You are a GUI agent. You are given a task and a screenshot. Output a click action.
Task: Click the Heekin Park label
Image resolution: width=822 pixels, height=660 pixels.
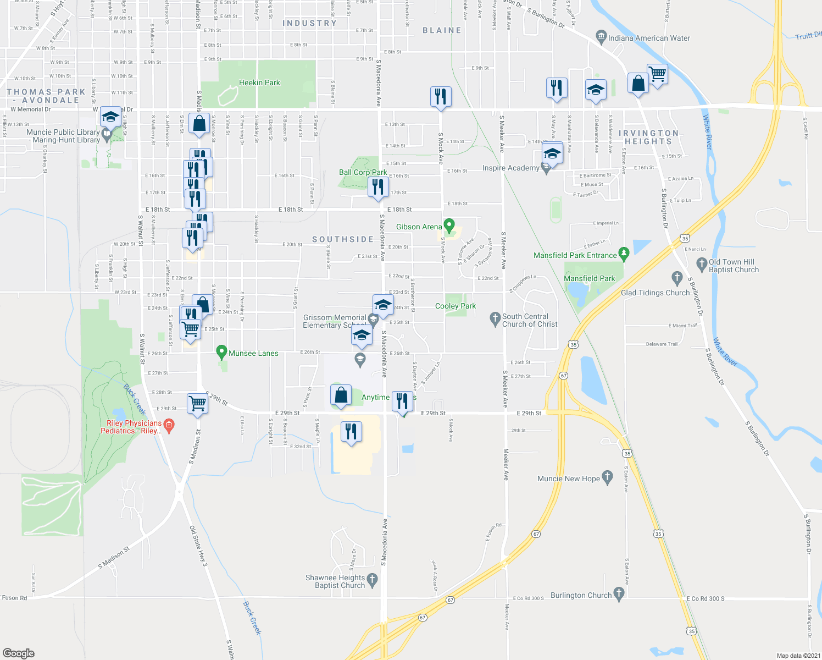tap(259, 83)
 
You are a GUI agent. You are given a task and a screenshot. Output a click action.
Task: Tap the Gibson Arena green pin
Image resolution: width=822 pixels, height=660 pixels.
tap(449, 226)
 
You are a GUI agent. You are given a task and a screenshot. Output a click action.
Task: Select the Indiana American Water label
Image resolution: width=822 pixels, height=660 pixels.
tap(649, 38)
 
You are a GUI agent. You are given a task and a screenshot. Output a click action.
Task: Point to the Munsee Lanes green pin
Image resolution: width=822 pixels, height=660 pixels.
tap(221, 351)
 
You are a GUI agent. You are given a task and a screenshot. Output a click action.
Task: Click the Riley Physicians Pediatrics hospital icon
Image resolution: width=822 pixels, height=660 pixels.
tap(169, 425)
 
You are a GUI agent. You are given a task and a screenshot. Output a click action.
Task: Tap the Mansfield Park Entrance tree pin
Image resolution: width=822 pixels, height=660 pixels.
tap(623, 254)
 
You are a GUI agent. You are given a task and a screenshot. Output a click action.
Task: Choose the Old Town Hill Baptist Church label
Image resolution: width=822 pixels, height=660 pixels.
tap(734, 266)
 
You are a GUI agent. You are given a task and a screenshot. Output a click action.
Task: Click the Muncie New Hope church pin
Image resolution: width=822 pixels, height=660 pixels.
tap(607, 477)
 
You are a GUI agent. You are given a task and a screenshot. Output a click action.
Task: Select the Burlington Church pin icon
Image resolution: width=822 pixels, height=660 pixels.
tap(619, 593)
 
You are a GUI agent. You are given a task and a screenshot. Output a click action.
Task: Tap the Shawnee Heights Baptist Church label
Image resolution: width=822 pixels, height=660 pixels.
tap(335, 581)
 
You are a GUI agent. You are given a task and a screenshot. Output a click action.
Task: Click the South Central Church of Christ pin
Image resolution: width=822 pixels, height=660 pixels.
tap(495, 318)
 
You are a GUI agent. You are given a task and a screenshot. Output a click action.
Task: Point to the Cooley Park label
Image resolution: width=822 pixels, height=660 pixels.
tap(456, 306)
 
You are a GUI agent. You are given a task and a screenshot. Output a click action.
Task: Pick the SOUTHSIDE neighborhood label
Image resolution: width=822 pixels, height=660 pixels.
tap(343, 239)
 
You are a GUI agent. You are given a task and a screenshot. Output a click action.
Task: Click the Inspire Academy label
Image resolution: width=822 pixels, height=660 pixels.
tap(510, 168)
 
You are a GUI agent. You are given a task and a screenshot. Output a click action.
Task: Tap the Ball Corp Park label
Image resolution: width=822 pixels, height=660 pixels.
tap(363, 172)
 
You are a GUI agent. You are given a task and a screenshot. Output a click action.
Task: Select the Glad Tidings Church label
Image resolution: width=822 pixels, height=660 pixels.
tap(655, 293)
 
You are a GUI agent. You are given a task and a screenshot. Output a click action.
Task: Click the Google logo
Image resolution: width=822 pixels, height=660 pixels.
tap(18, 653)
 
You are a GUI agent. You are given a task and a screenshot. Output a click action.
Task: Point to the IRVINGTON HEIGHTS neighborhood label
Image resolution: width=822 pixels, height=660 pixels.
tap(648, 137)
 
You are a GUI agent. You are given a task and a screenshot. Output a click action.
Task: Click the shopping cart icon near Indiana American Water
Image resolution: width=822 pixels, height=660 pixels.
tap(657, 74)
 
